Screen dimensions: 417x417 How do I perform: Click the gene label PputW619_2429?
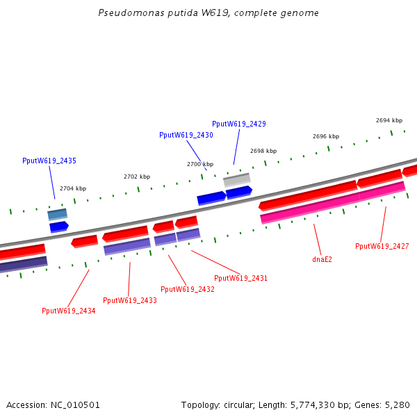click(238, 124)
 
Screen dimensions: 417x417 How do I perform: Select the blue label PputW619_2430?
click(186, 135)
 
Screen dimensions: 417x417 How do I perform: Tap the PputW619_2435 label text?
click(49, 161)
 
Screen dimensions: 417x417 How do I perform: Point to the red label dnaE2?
click(322, 259)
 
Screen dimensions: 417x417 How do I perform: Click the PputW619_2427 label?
click(382, 246)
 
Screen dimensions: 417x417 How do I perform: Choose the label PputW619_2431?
click(240, 278)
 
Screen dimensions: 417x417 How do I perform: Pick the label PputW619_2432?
click(187, 289)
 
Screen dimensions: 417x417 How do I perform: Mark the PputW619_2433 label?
click(129, 300)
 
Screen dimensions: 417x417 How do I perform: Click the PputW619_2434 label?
click(68, 311)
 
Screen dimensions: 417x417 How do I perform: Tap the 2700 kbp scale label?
click(200, 164)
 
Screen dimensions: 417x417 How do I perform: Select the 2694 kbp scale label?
click(389, 120)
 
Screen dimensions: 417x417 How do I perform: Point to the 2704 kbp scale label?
click(73, 188)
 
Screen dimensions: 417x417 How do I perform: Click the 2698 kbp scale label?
click(263, 151)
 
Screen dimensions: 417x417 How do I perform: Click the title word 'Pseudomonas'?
click(126, 13)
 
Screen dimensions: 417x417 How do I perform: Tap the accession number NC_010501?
click(75, 404)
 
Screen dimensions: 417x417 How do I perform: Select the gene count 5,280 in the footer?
click(397, 404)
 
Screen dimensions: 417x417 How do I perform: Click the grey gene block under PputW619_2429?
click(237, 179)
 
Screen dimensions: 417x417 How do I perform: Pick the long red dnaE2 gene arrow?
click(308, 195)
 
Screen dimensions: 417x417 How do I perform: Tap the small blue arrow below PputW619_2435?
click(59, 226)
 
